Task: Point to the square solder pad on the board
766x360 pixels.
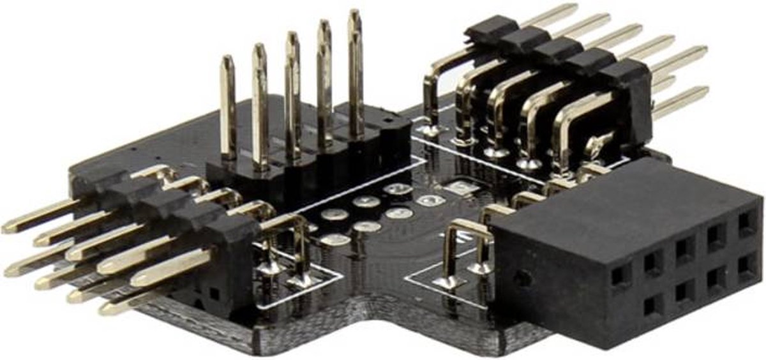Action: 458,188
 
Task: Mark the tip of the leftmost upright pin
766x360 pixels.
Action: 227,61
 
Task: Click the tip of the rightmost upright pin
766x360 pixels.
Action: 355,14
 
